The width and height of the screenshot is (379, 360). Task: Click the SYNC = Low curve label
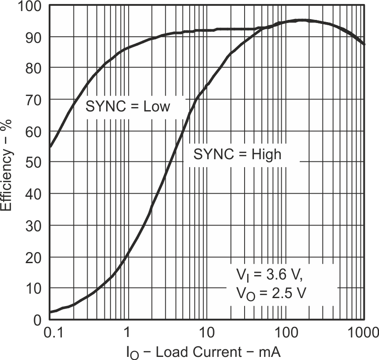128,107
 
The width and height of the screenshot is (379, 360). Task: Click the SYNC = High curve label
237,154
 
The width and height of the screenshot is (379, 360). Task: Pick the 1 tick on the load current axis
127,332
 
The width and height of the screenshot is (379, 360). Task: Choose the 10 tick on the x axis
206,332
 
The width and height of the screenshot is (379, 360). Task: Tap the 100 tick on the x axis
285,332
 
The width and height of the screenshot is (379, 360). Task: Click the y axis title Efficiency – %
8,168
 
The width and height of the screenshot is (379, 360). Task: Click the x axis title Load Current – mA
203,352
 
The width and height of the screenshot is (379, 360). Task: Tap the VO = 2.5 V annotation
268,293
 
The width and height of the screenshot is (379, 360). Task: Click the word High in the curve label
266,154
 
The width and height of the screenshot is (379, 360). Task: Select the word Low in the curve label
157,107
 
